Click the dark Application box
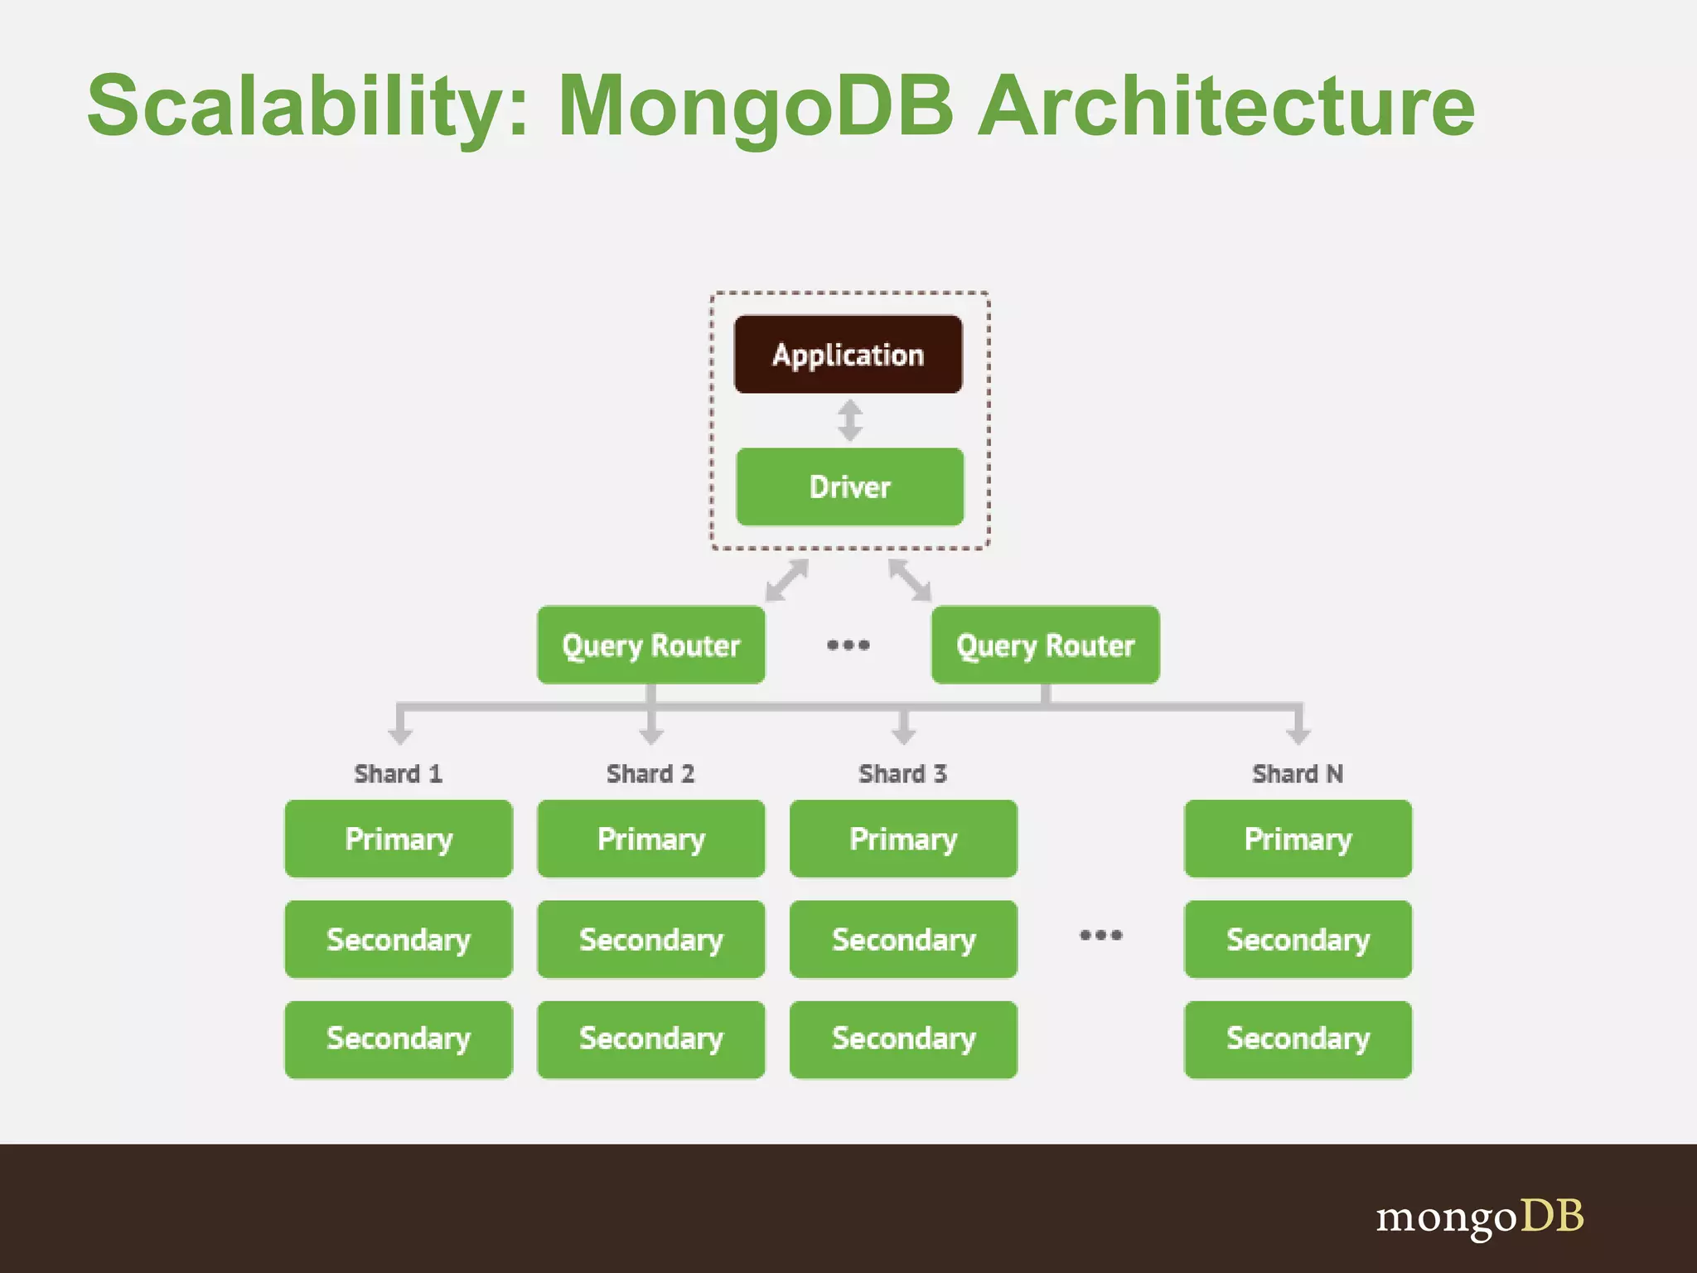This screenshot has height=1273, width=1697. (x=848, y=355)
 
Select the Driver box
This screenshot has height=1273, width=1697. (x=849, y=487)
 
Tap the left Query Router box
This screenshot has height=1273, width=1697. (x=650, y=645)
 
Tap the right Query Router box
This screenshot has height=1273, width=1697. (x=1045, y=645)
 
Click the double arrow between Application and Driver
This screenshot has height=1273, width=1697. (x=849, y=420)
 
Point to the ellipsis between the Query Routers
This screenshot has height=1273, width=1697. (x=848, y=645)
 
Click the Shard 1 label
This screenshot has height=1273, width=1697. (x=398, y=773)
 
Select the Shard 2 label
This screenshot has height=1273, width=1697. (x=650, y=773)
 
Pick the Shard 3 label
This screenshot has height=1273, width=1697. (x=902, y=773)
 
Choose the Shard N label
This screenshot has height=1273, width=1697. (x=1297, y=773)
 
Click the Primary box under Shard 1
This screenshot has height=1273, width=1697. (x=399, y=839)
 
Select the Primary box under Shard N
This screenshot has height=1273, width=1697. (x=1298, y=839)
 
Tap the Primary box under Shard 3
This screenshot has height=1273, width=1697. (x=903, y=839)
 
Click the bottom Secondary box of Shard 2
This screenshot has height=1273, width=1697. (x=650, y=1039)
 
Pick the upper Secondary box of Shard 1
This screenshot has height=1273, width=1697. (x=399, y=939)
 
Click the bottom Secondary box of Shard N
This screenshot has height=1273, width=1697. (x=1298, y=1039)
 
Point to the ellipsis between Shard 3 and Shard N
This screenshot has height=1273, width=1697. (x=1100, y=936)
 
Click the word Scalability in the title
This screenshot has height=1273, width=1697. (x=307, y=106)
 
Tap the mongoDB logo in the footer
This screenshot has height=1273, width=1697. (x=1479, y=1217)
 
